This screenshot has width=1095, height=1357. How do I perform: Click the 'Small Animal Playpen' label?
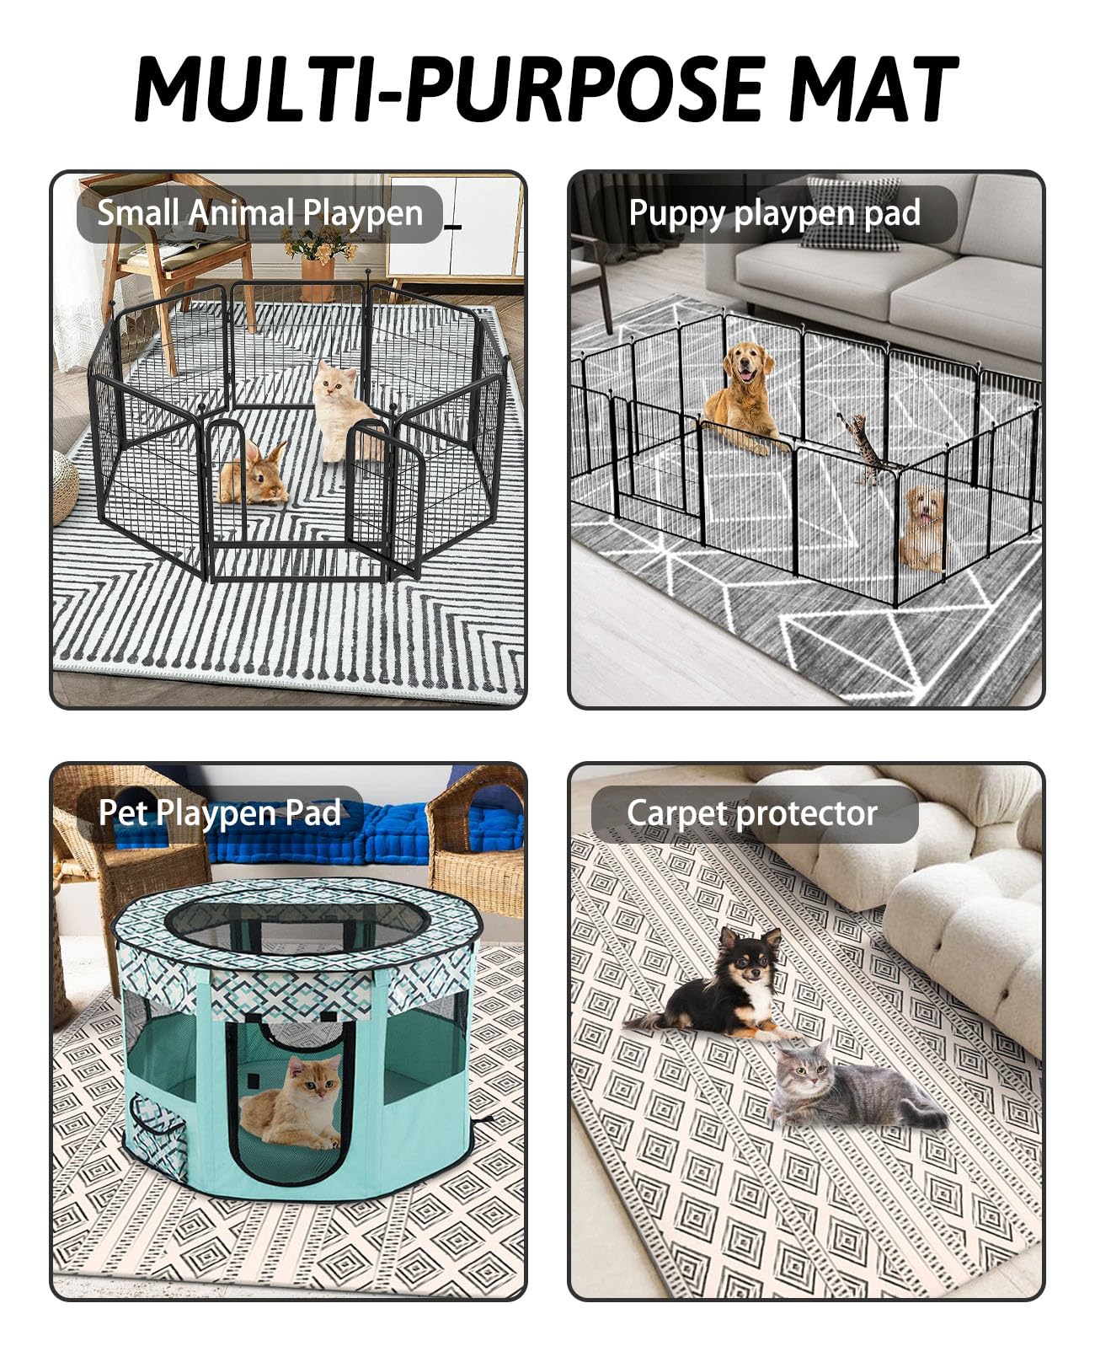coord(259,213)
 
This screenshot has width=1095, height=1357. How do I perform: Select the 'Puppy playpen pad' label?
coord(773,213)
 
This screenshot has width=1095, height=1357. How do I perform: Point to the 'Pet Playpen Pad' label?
coord(219,813)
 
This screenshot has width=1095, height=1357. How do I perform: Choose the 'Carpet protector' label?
coord(752,813)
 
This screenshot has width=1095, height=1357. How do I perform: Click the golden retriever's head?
coord(749,364)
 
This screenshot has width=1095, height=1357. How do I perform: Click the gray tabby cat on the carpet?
coord(842,1087)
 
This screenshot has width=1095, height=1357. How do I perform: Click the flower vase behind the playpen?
coord(318,261)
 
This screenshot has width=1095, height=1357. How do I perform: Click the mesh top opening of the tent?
coord(295,923)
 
